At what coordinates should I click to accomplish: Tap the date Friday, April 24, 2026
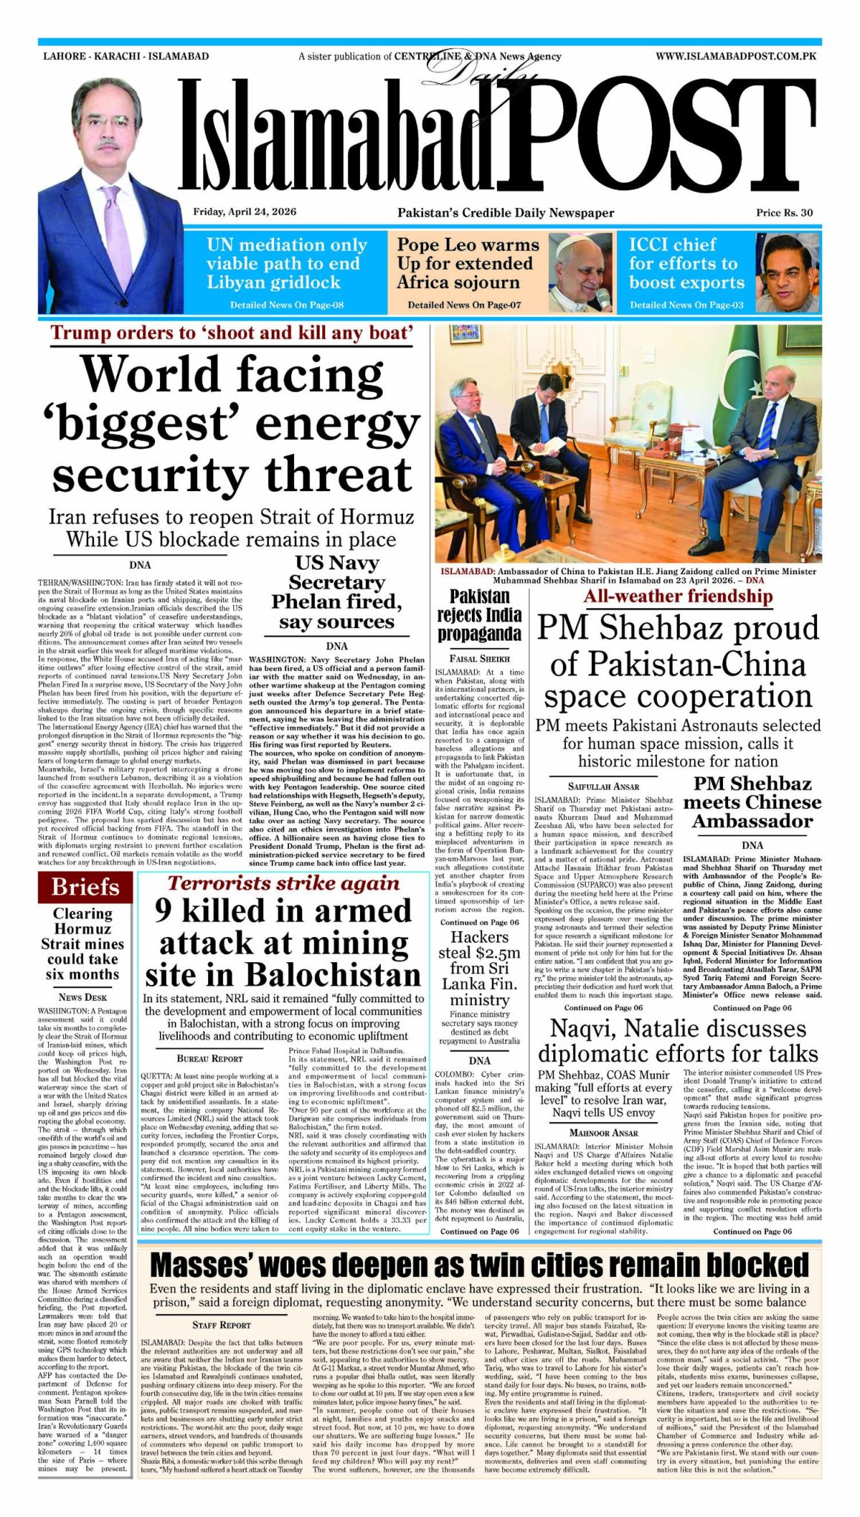point(244,212)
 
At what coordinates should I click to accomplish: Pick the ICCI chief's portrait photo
point(788,273)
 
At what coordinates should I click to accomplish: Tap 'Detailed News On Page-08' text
point(287,305)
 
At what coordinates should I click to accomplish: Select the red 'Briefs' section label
point(85,887)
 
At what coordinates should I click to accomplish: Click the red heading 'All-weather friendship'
point(678,596)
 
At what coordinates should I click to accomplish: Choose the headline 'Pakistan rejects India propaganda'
point(479,615)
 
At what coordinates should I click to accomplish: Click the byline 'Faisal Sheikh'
point(479,658)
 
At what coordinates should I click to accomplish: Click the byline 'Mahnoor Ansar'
point(603,1133)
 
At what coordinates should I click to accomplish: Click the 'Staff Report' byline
point(221,1324)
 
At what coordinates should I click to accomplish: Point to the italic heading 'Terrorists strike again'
point(283,883)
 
